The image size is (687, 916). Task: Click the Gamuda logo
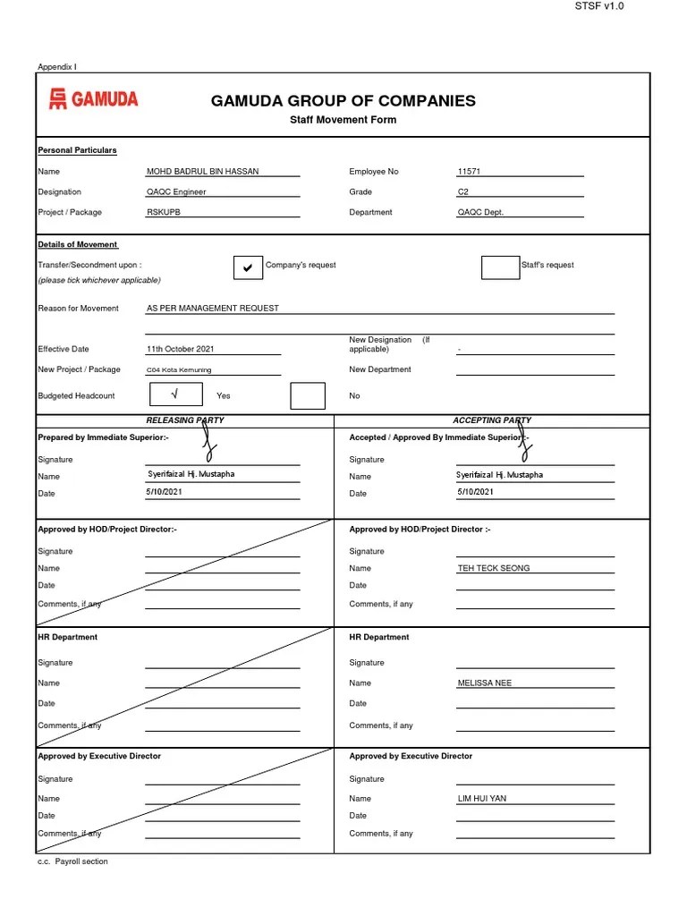pos(93,99)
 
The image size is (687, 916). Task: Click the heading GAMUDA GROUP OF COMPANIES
pos(343,101)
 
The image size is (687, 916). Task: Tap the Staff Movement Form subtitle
pos(343,120)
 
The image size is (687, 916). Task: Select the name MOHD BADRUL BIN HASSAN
pos(202,171)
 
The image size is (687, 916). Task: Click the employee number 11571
pos(470,171)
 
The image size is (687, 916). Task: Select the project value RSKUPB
pos(164,212)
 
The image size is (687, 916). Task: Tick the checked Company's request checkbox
pos(247,267)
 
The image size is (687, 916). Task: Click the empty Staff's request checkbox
pos(499,267)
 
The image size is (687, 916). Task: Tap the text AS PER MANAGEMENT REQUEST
pos(213,308)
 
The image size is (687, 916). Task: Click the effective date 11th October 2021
pos(181,349)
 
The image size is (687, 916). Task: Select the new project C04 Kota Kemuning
pos(180,369)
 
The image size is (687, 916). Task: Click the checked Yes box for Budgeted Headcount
pos(174,394)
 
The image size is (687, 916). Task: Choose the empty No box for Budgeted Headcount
pos(308,395)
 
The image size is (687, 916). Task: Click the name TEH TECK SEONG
pos(493,568)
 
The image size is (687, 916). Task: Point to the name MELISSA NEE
pos(484,683)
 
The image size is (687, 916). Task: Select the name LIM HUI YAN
pos(481,798)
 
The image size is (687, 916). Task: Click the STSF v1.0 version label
pos(598,6)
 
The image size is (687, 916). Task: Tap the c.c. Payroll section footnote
pos(72,861)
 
